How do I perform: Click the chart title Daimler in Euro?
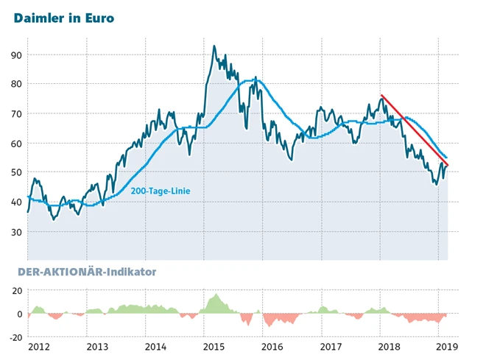(x=64, y=18)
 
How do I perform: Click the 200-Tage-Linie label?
(x=160, y=191)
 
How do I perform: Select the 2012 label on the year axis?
(x=39, y=346)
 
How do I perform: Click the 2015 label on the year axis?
(x=214, y=346)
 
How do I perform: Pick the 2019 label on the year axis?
(x=447, y=346)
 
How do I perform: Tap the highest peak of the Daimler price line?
(x=214, y=46)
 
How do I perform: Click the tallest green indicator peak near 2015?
(x=216, y=296)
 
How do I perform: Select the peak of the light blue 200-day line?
(x=256, y=78)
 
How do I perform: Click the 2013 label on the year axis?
(x=97, y=346)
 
